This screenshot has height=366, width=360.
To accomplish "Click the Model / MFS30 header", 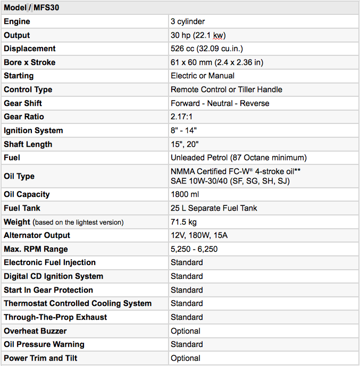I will pyautogui.click(x=31, y=7).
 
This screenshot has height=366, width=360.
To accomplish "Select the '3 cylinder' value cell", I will pyautogui.click(x=188, y=22).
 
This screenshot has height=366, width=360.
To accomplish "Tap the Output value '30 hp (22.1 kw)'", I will pyautogui.click(x=198, y=35).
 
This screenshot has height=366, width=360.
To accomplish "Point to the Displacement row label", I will pyautogui.click(x=29, y=49).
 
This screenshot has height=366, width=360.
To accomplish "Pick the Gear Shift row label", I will pyautogui.click(x=23, y=103).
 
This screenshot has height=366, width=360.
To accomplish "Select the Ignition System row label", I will pyautogui.click(x=33, y=130).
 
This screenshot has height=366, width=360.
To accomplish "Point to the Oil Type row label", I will pyautogui.click(x=19, y=176).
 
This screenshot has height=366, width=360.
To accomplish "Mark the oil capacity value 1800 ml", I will pyautogui.click(x=185, y=195).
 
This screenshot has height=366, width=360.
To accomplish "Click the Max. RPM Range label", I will pyautogui.click(x=36, y=249).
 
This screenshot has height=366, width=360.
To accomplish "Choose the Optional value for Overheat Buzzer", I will pyautogui.click(x=186, y=331).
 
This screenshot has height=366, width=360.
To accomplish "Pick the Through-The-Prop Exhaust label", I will pyautogui.click(x=55, y=317).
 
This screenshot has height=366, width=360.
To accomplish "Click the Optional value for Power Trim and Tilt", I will pyautogui.click(x=186, y=358).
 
